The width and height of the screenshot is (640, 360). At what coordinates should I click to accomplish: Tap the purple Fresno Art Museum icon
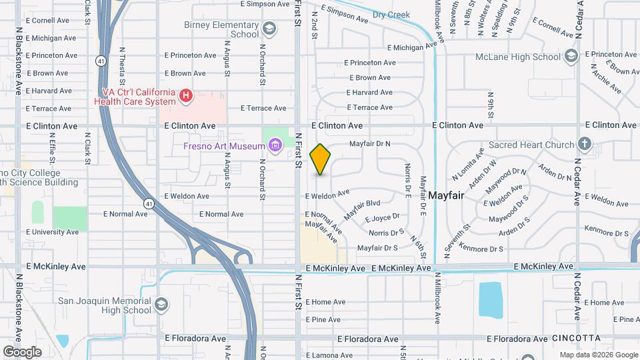274,145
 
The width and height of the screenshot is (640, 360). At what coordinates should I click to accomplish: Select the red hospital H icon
186,97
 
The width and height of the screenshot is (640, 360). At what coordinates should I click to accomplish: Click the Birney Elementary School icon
269,29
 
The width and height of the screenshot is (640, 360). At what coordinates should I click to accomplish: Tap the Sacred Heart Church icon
585,144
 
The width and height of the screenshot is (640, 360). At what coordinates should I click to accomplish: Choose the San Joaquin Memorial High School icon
161,305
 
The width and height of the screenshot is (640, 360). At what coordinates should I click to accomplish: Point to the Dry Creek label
391,15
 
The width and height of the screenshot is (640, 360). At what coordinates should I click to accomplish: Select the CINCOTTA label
577,339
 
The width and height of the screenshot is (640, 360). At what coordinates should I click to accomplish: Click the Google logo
22,351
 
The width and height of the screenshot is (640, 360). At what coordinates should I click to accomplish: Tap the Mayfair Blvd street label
362,210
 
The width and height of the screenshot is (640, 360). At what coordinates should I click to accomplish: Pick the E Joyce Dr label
382,217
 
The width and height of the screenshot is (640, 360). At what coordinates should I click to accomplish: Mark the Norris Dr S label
387,233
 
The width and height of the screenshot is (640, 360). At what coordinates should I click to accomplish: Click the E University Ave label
53,232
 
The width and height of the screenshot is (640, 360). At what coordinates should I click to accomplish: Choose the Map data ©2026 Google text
598,355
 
